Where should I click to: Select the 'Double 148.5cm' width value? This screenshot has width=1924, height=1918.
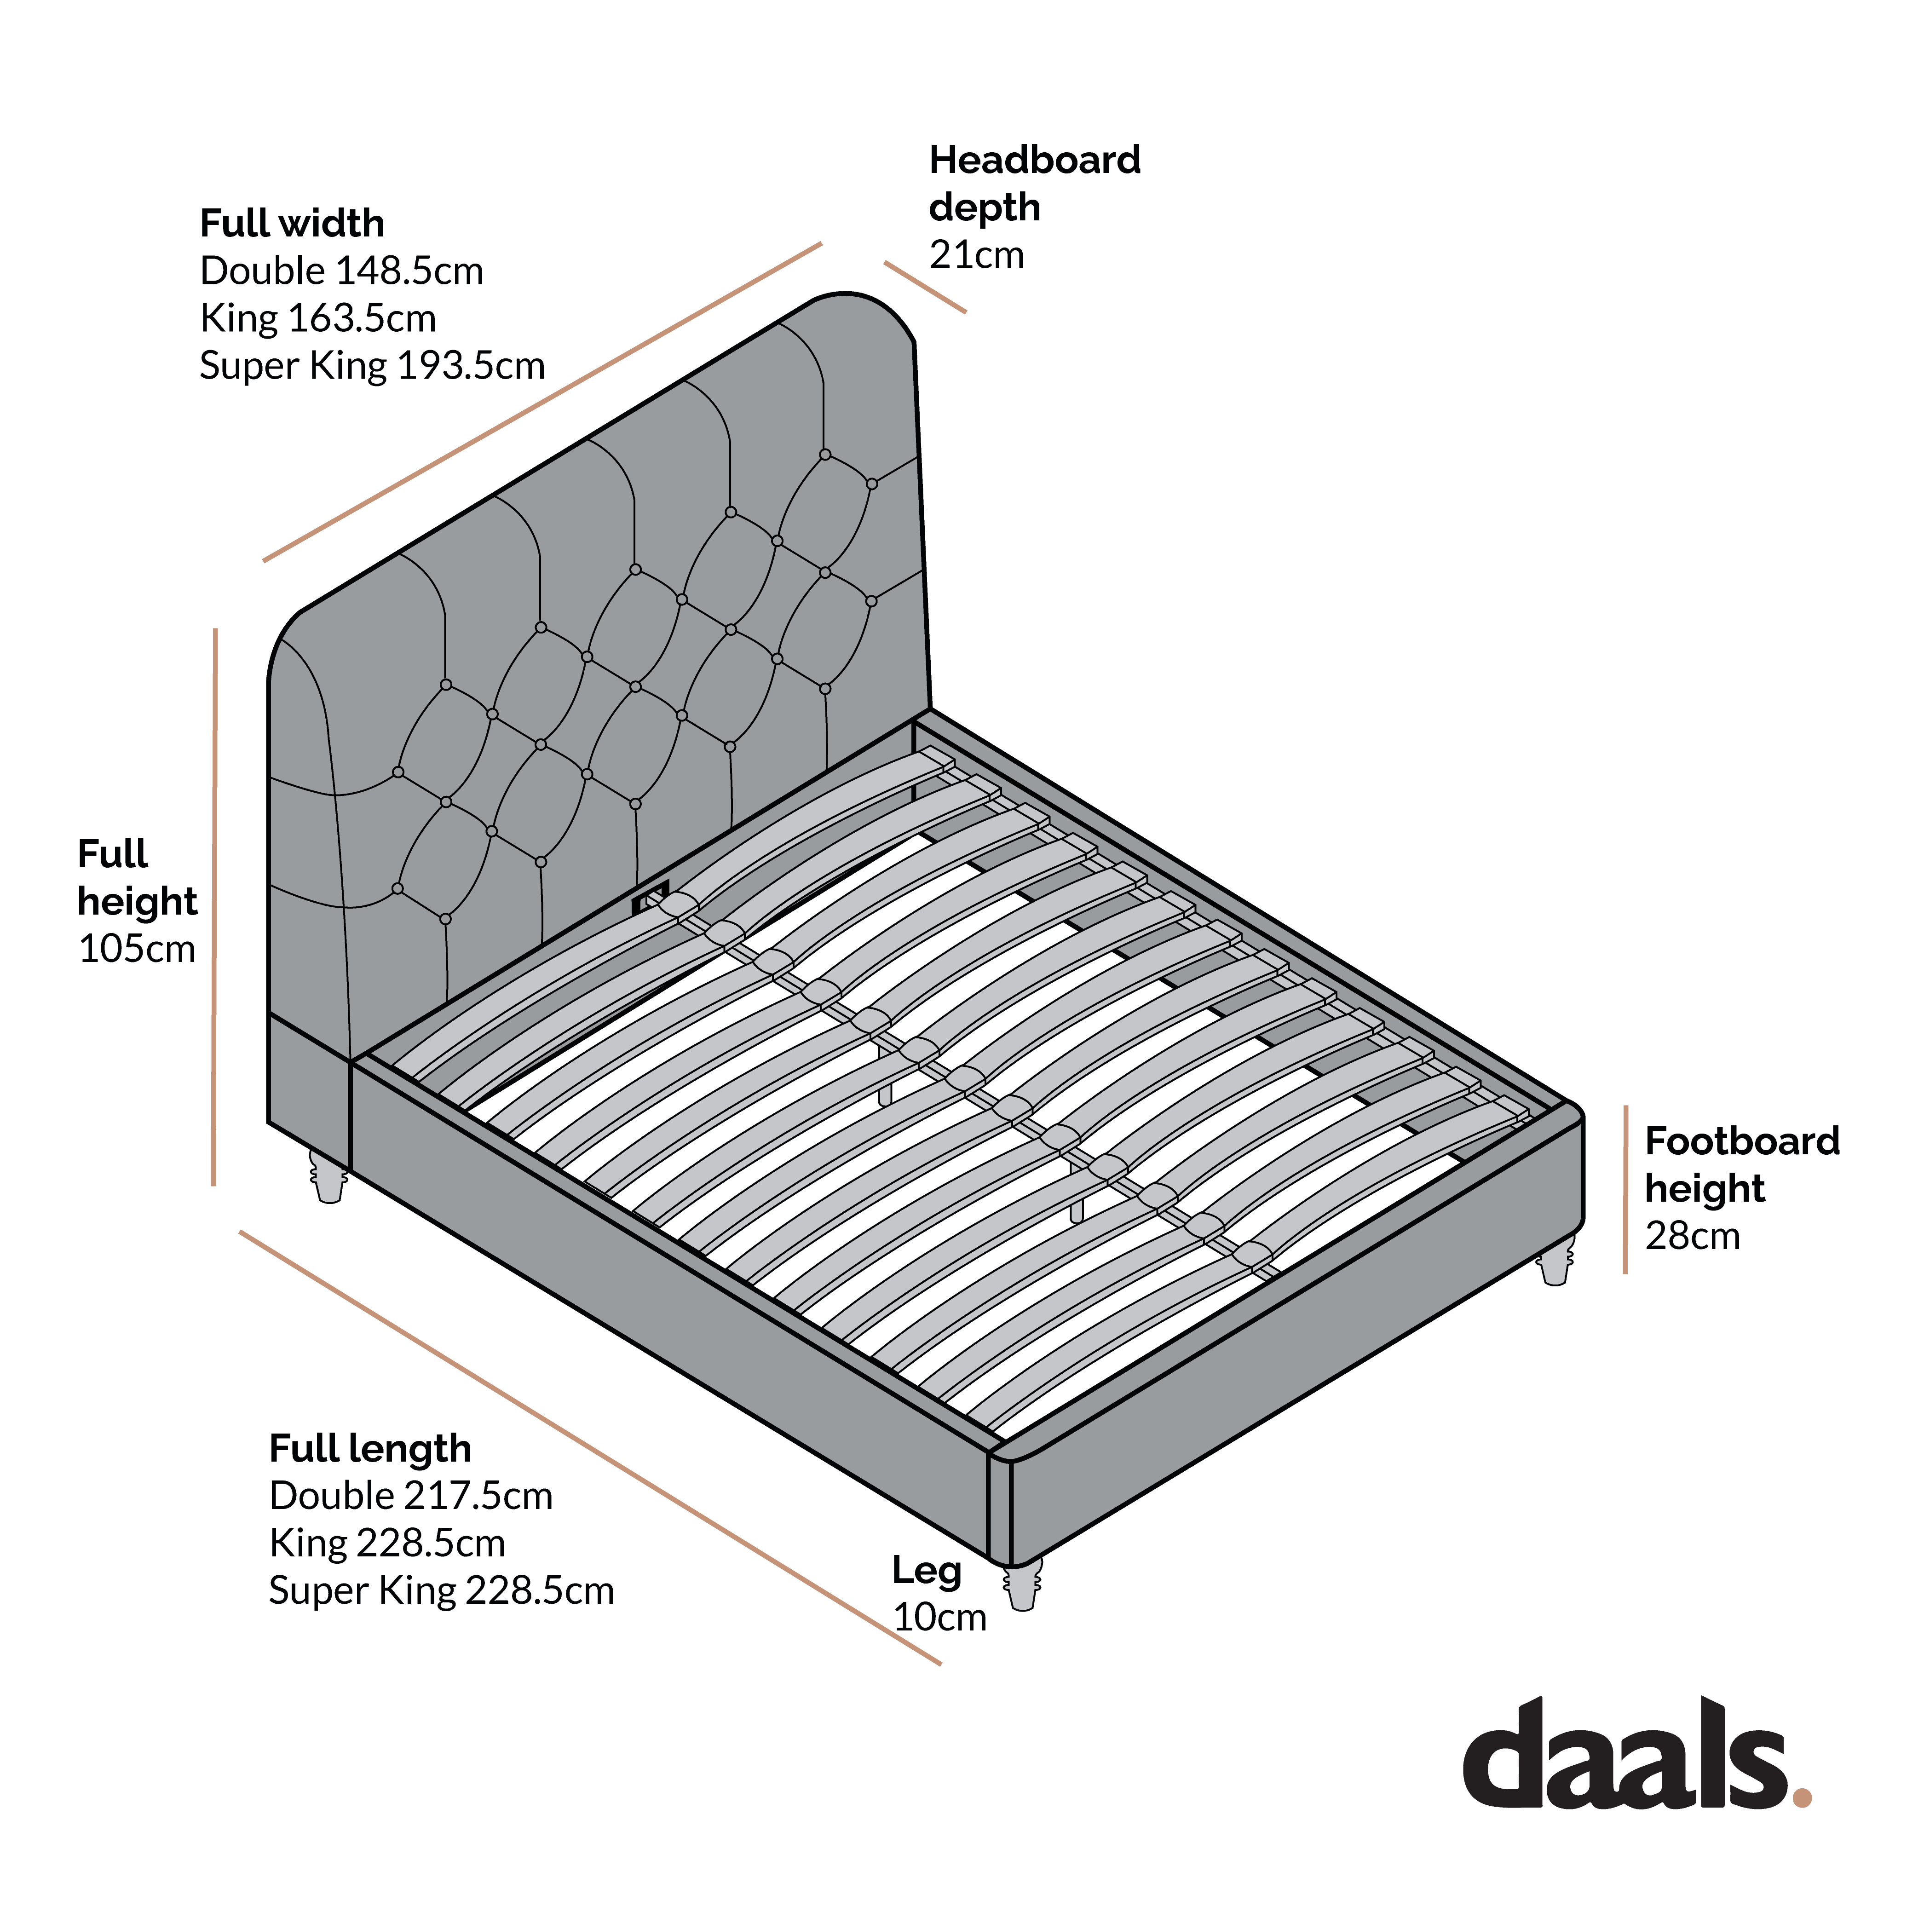coord(341,271)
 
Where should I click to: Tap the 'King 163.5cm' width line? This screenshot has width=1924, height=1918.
coord(318,319)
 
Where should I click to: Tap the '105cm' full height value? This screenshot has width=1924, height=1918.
coord(137,949)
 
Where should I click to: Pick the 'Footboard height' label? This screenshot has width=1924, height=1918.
coord(1742,1164)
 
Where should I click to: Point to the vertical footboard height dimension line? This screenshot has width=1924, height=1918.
coord(1625,1189)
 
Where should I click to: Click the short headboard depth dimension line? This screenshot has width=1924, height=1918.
coord(925,288)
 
